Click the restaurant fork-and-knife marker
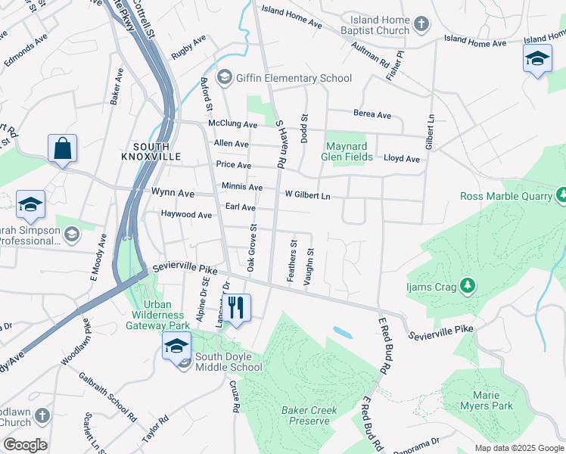tap(237, 307)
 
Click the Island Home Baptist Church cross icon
tap(421, 25)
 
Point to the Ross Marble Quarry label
tap(507, 197)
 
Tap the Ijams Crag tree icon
tap(468, 285)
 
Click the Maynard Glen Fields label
tap(349, 151)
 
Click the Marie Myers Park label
tap(487, 400)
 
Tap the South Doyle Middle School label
tap(229, 362)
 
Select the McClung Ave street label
tap(233, 125)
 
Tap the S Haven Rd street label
tap(280, 144)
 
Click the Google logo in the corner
tap(25, 445)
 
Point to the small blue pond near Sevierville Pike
tap(342, 331)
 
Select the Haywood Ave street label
tap(186, 215)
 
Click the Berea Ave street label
tap(372, 115)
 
